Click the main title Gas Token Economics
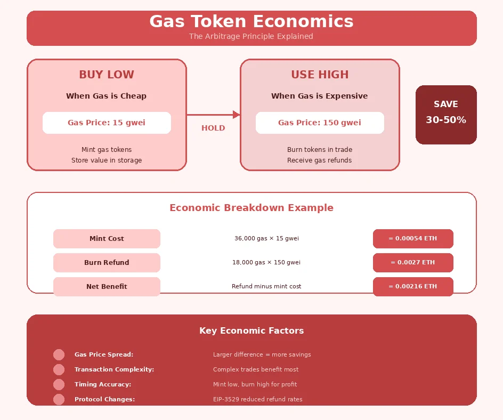pos(251,22)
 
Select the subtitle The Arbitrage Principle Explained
pos(251,37)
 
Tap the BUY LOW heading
pos(107,75)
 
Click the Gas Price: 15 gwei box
pos(107,123)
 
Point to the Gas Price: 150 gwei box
pos(320,123)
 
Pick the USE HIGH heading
pos(320,75)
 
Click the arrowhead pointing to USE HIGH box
pos(237,115)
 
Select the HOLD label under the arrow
pos(213,128)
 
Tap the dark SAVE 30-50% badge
pos(446,115)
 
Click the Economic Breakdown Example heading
pos(251,208)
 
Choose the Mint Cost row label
pos(107,239)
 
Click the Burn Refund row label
pos(107,263)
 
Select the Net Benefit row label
pos(107,287)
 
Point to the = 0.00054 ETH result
pos(413,239)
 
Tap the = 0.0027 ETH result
pos(413,263)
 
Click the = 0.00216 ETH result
pos(413,287)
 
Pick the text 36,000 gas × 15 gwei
pos(266,239)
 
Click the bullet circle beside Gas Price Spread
pos(59,354)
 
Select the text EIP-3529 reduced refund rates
pos(257,399)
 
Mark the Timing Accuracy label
pos(103,384)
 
